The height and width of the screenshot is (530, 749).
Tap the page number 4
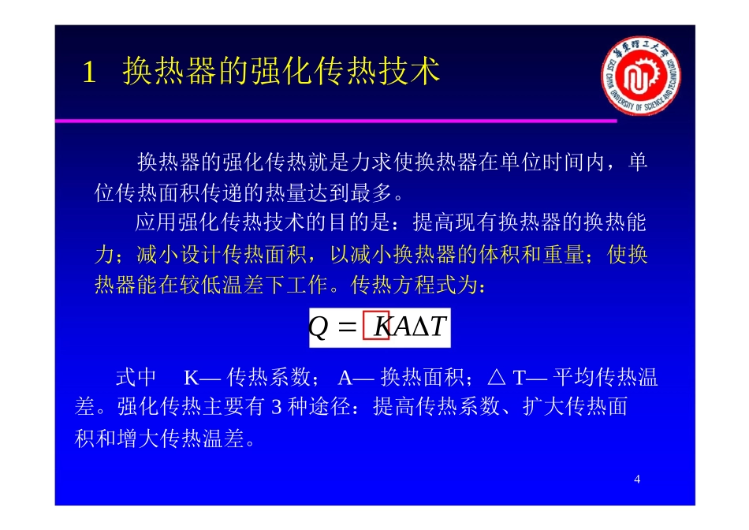pyautogui.click(x=637, y=480)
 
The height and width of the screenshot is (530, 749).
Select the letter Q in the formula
pyautogui.click(x=319, y=327)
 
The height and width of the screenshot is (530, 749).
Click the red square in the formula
pyautogui.click(x=376, y=327)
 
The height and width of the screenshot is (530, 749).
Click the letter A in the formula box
pyautogui.click(x=401, y=327)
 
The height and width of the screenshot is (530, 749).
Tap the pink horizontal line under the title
pyautogui.click(x=335, y=121)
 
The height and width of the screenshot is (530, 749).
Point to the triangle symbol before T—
pyautogui.click(x=496, y=378)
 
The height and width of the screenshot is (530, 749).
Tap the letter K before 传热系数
pyautogui.click(x=191, y=379)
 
